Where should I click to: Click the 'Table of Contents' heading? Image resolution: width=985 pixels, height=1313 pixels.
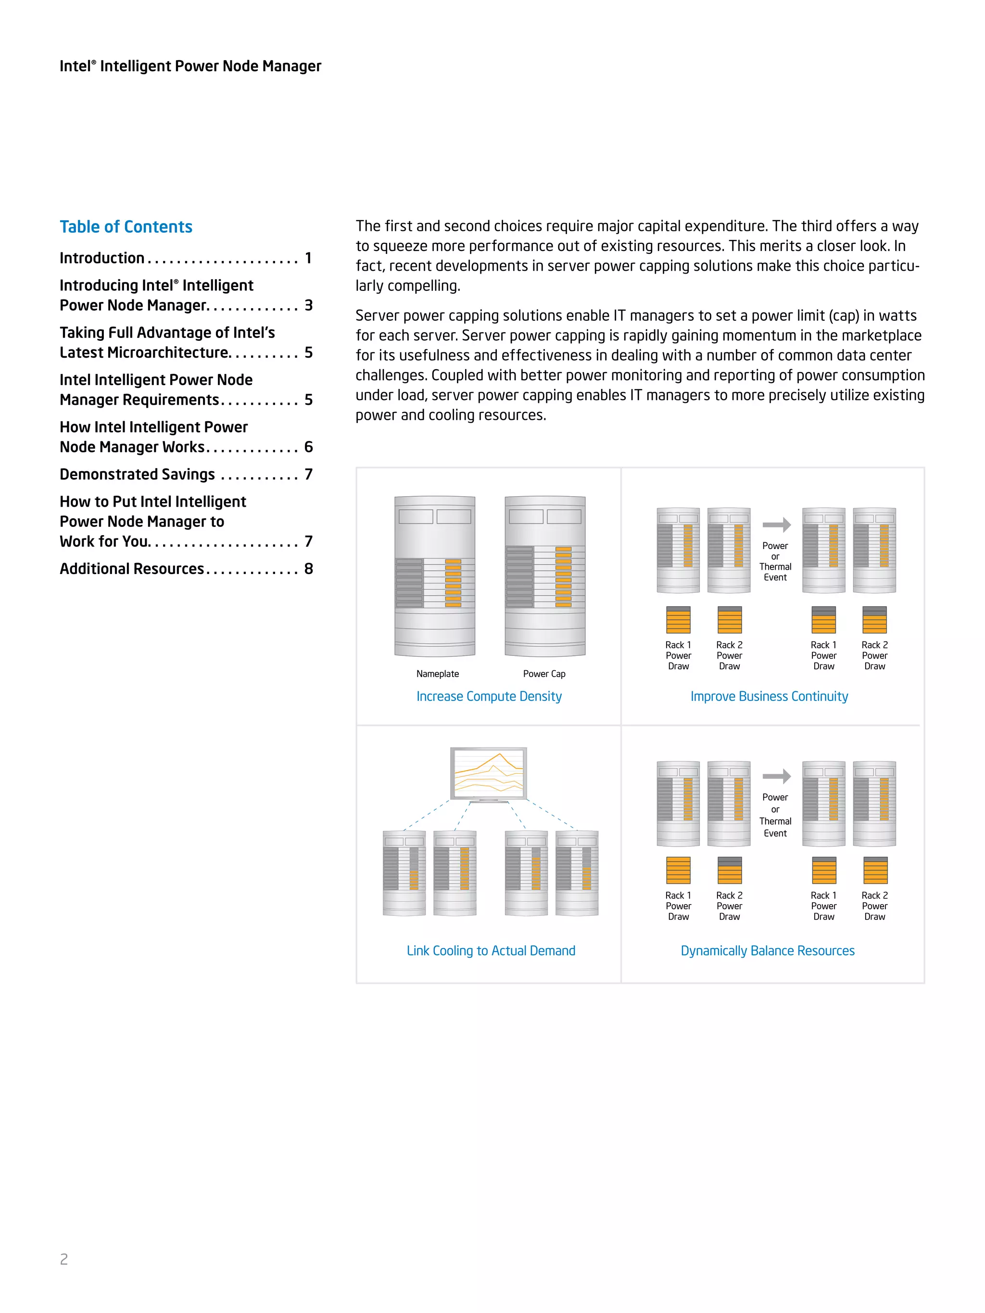(126, 227)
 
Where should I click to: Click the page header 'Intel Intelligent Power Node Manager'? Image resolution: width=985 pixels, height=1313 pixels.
(190, 66)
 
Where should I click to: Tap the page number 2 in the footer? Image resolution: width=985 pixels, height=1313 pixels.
(64, 1259)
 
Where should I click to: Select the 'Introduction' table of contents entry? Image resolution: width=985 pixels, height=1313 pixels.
(102, 258)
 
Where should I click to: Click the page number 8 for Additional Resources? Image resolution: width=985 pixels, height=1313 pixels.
(309, 569)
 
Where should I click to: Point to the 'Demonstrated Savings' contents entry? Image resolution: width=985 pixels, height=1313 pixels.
(137, 474)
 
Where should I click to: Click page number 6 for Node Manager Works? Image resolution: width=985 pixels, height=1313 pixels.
(309, 447)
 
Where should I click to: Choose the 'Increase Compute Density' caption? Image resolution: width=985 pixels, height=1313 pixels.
(489, 696)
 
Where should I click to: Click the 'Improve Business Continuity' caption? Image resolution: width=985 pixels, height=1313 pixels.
(769, 696)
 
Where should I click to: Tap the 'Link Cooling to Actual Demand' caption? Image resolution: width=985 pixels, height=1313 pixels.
(491, 950)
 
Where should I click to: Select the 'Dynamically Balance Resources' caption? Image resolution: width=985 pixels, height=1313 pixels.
(767, 950)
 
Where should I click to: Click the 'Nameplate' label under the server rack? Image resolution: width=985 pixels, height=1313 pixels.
(438, 674)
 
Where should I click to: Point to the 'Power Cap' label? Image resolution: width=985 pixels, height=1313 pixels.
(544, 674)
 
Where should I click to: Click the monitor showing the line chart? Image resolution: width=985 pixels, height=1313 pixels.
(489, 774)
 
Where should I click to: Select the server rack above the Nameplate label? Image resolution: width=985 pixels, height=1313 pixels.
(435, 576)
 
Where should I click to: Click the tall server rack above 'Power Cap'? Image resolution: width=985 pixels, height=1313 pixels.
(545, 576)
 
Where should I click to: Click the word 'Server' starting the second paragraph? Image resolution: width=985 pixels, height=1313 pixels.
(377, 316)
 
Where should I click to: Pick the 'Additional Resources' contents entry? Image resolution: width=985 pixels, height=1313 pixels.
(132, 569)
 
